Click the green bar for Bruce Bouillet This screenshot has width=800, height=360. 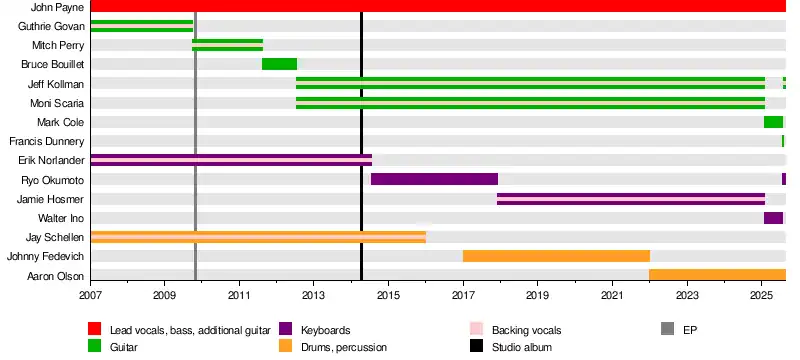pyautogui.click(x=280, y=64)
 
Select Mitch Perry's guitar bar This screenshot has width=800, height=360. pyautogui.click(x=228, y=45)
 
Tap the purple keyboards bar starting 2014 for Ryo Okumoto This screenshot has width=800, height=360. pyautogui.click(x=434, y=179)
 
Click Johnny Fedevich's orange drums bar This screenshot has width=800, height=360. pyautogui.click(x=556, y=256)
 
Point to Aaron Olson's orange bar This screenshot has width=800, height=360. pyautogui.click(x=717, y=275)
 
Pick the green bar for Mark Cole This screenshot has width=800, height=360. pyautogui.click(x=773, y=122)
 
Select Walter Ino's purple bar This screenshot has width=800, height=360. pyautogui.click(x=773, y=218)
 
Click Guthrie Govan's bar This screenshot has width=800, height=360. pyautogui.click(x=142, y=26)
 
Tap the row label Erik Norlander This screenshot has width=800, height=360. pyautogui.click(x=51, y=161)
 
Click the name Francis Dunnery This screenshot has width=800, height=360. pyautogui.click(x=46, y=141)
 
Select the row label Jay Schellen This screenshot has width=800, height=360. pyautogui.click(x=55, y=237)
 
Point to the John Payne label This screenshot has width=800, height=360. pyautogui.click(x=57, y=7)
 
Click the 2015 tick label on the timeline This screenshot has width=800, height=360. pyautogui.click(x=388, y=296)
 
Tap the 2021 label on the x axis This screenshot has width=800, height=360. pyautogui.click(x=612, y=296)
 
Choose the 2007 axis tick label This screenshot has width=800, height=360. pyautogui.click(x=91, y=296)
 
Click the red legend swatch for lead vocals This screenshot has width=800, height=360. pyautogui.click(x=94, y=329)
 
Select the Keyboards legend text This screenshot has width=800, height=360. pyautogui.click(x=326, y=330)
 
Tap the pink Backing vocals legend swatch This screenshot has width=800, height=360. pyautogui.click(x=476, y=329)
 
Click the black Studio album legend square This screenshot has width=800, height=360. pyautogui.click(x=476, y=347)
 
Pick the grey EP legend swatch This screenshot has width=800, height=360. pyautogui.click(x=667, y=329)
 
